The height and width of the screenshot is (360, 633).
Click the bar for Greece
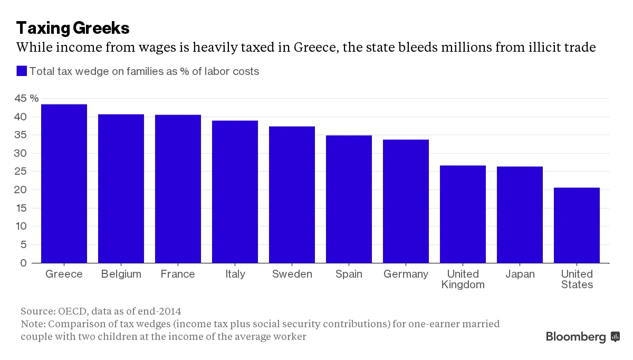(x=64, y=184)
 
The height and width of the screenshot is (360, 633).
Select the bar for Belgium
(x=121, y=188)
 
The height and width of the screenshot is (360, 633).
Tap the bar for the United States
(x=577, y=225)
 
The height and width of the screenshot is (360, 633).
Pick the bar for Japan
(x=520, y=215)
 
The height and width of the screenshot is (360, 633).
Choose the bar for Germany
(x=406, y=201)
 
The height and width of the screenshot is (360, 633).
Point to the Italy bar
(x=235, y=192)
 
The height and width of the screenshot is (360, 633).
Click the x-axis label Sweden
(x=292, y=274)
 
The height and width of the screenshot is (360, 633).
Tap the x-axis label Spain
(x=349, y=274)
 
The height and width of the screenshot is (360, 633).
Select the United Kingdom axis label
(x=463, y=279)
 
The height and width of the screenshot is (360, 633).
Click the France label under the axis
(x=178, y=274)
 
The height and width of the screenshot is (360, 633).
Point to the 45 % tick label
(x=26, y=98)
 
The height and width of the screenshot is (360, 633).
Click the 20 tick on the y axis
(x=21, y=190)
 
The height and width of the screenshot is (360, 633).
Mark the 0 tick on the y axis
(x=23, y=263)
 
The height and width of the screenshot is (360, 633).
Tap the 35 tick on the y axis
(x=21, y=135)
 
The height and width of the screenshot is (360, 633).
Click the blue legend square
(x=22, y=71)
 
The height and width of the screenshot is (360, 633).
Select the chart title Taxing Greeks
(x=73, y=28)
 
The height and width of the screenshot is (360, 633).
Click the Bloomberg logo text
(x=576, y=337)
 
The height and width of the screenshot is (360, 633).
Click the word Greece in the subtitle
(x=316, y=47)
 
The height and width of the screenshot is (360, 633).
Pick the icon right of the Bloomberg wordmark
(x=615, y=337)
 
